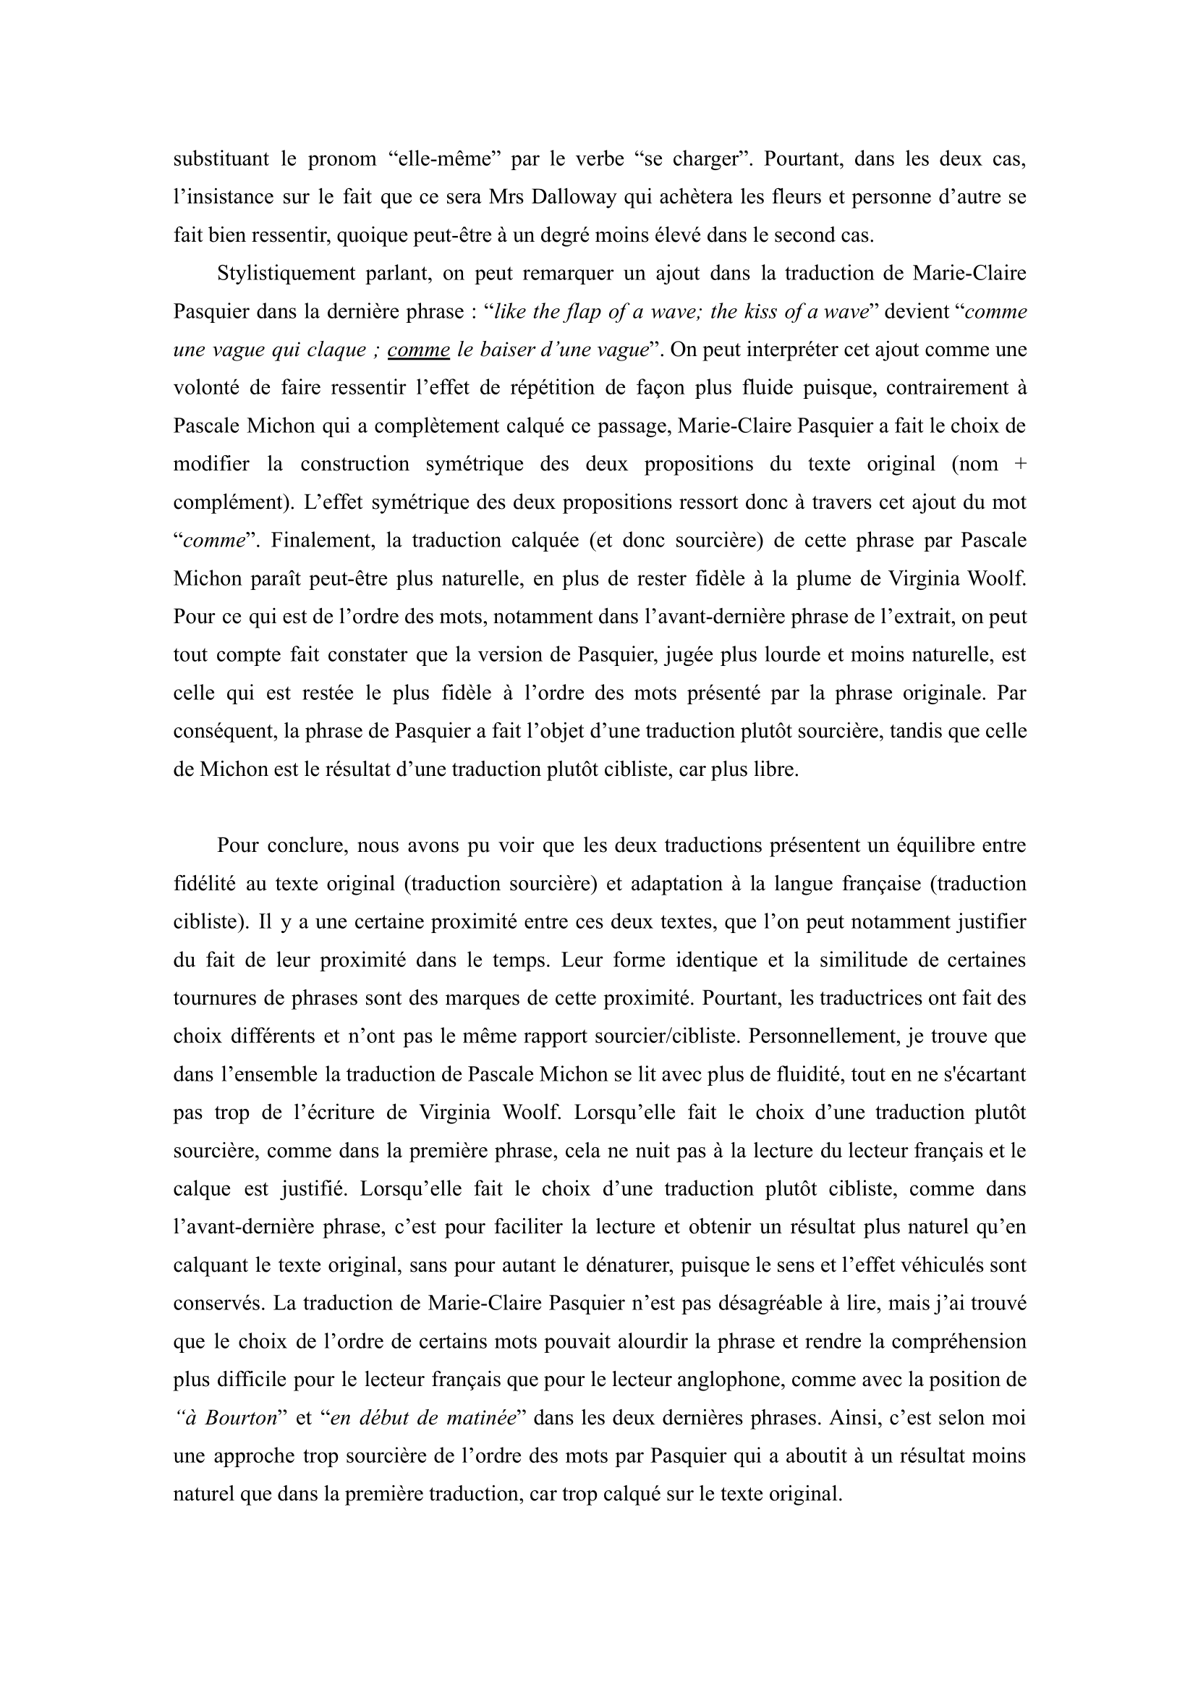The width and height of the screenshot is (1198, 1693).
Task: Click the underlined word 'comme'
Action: click(x=418, y=350)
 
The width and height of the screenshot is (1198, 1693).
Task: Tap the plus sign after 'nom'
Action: click(x=1019, y=464)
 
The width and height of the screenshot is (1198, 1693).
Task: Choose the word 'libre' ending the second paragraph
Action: click(x=778, y=769)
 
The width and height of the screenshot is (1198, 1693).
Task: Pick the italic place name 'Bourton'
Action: click(x=239, y=1418)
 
